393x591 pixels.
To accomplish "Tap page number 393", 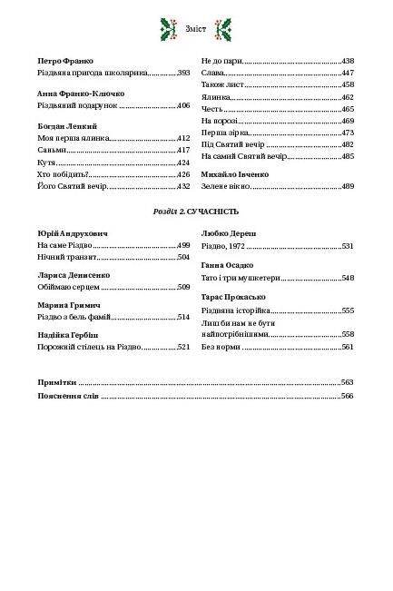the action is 183,72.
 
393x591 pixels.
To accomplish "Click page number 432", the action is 183,186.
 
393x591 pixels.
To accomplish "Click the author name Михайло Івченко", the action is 235,173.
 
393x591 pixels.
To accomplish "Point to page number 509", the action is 183,288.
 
